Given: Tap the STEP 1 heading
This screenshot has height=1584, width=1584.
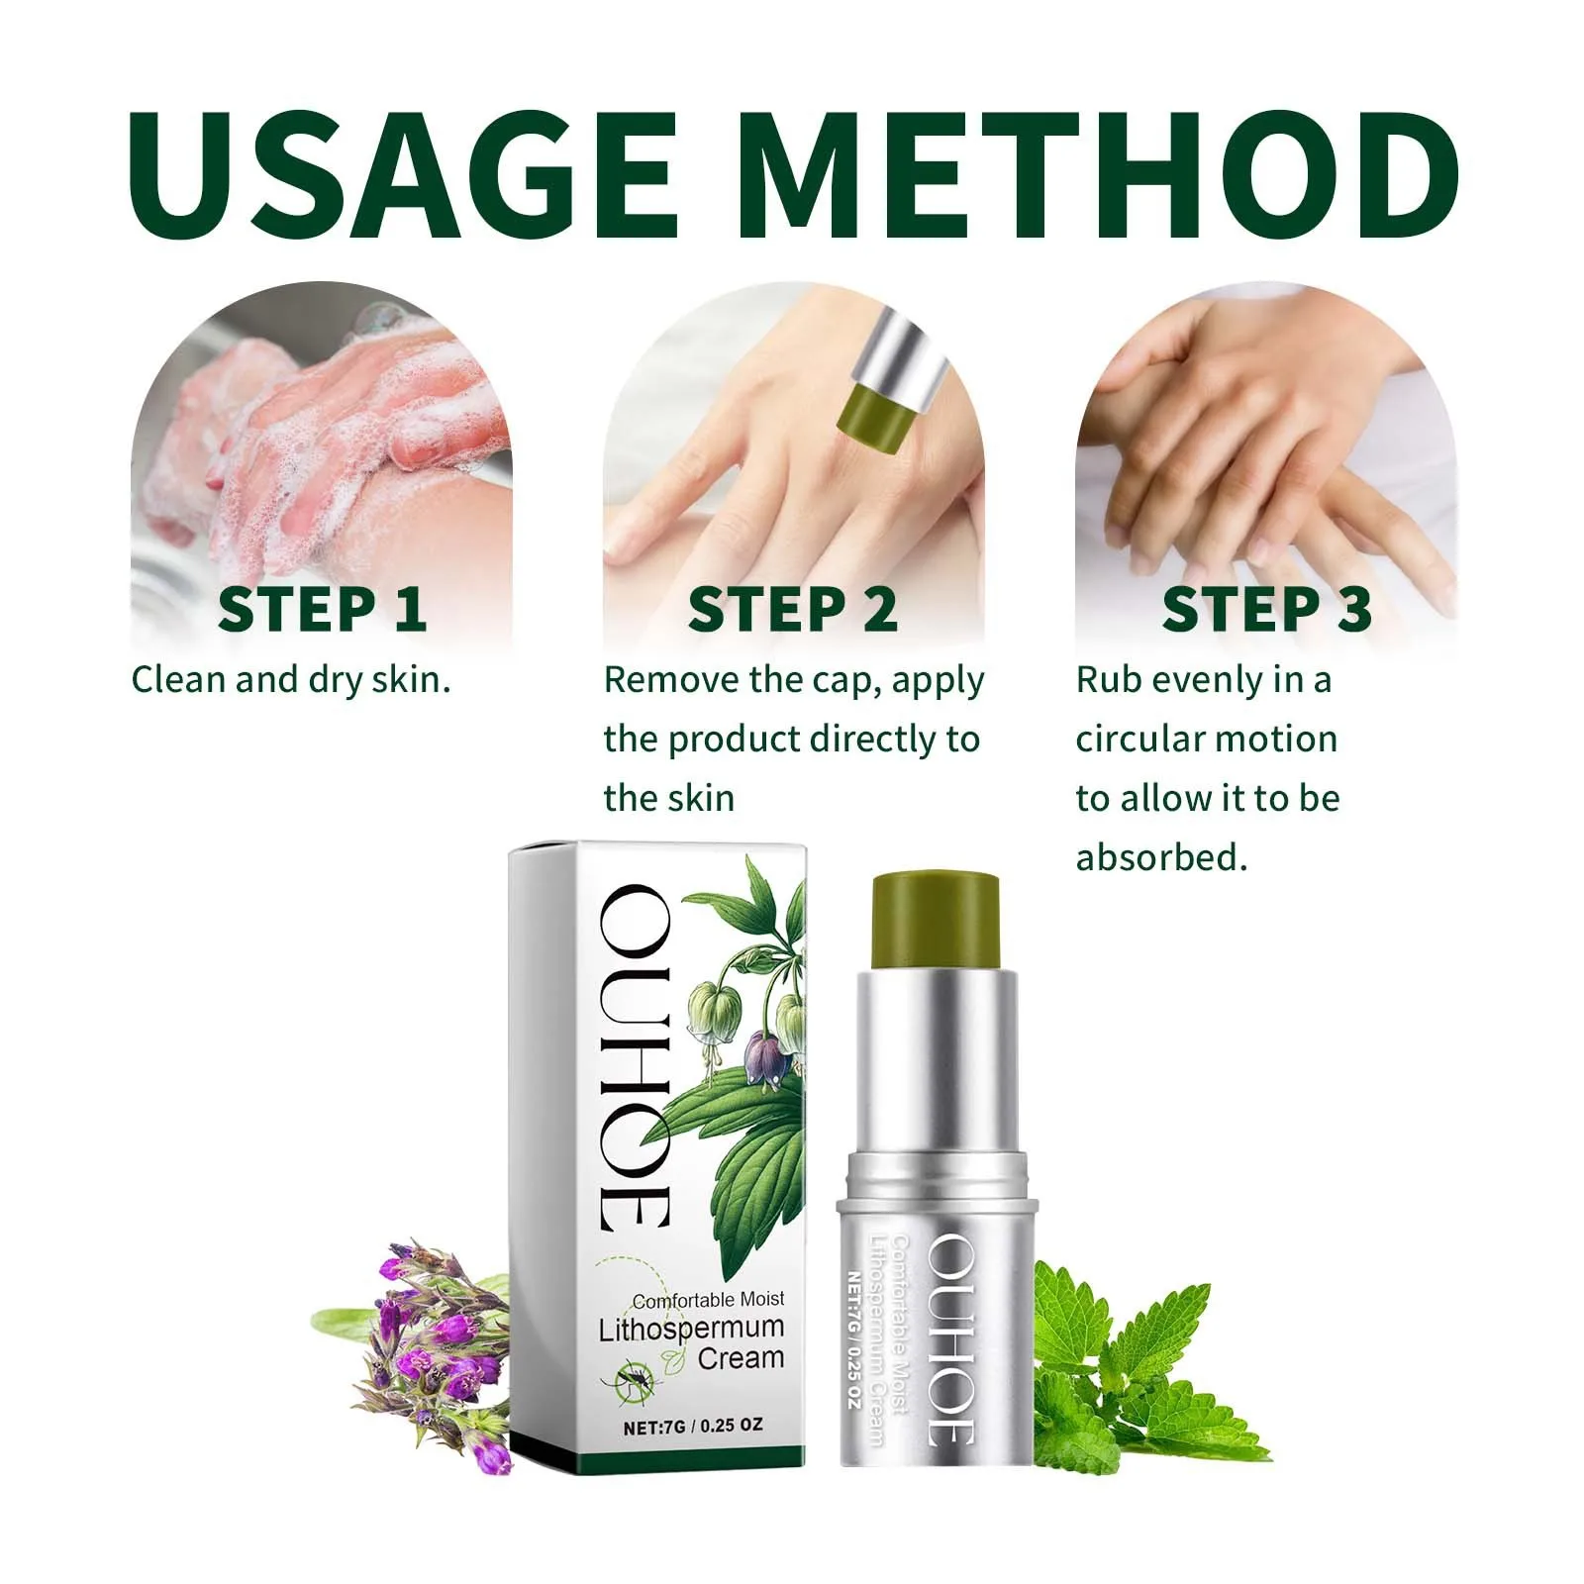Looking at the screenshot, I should pyautogui.click(x=322, y=609).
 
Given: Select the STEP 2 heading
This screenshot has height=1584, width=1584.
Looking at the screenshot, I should pyautogui.click(x=792, y=609).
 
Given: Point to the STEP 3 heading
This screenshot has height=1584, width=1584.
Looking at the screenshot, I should pyautogui.click(x=1266, y=609).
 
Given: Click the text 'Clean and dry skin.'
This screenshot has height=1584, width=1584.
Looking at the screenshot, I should pyautogui.click(x=291, y=680).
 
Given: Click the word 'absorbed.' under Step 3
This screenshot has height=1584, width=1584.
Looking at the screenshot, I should pyautogui.click(x=1161, y=857).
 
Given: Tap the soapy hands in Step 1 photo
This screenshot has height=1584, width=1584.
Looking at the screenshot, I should pyautogui.click(x=327, y=436).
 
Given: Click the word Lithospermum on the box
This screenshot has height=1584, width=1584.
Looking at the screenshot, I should pyautogui.click(x=690, y=1329).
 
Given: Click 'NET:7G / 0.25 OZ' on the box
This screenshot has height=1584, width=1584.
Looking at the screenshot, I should pyautogui.click(x=692, y=1427).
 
